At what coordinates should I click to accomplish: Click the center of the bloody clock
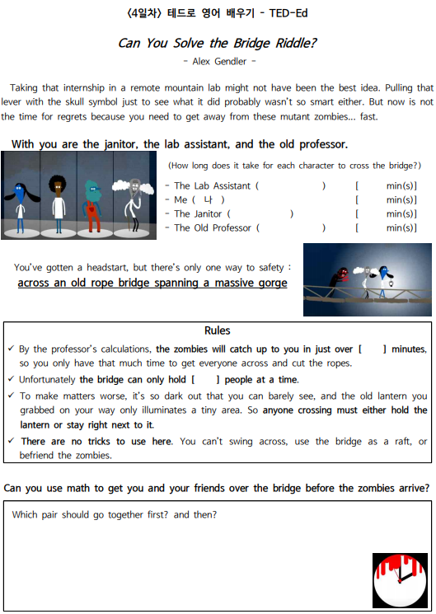click(x=400, y=580)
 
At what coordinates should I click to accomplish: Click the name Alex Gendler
click(x=218, y=61)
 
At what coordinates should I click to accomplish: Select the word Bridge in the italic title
click(x=239, y=44)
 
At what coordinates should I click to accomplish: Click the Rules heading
click(x=218, y=331)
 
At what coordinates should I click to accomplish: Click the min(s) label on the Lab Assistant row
click(x=401, y=186)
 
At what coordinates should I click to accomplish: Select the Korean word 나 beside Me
click(x=208, y=200)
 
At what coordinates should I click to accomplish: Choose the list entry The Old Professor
click(x=212, y=228)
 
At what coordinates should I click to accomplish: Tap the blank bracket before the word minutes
click(x=373, y=349)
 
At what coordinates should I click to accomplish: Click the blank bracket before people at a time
click(x=204, y=380)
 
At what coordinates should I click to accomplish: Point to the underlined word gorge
click(x=268, y=284)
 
